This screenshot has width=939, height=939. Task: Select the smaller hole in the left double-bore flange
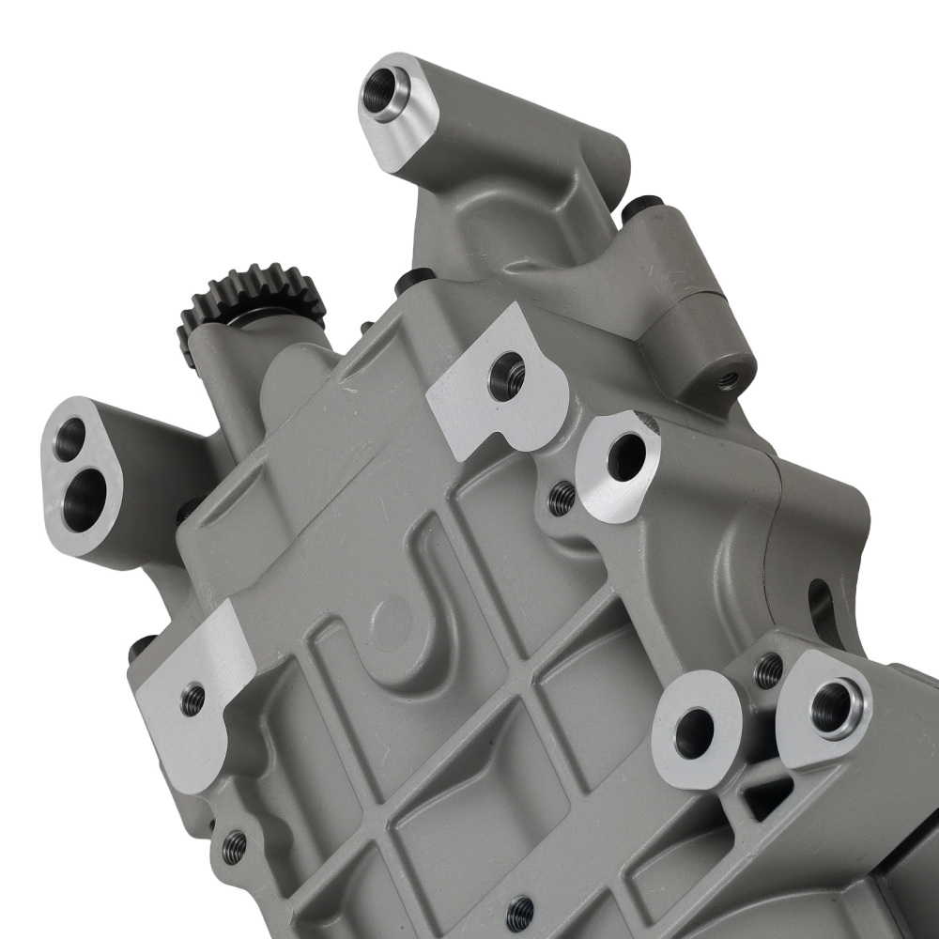click(69, 438)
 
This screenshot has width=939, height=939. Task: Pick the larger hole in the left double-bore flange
click(83, 494)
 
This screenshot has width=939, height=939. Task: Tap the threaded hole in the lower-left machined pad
click(192, 699)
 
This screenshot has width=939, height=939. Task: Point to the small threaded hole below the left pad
click(234, 846)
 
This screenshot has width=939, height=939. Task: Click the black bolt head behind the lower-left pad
click(142, 647)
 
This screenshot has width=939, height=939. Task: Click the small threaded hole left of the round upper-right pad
click(561, 498)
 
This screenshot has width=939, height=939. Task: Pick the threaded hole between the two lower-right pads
click(768, 669)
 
